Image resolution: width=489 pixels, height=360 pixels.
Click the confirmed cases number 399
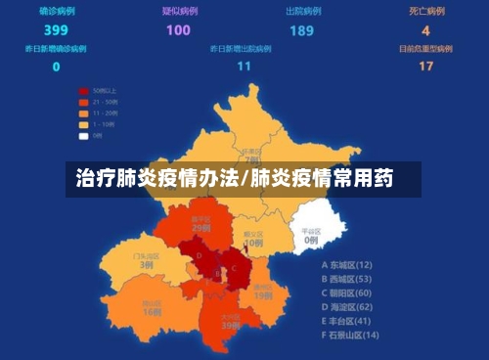[x=56, y=29]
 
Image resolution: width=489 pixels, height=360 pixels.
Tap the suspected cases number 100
[x=178, y=29]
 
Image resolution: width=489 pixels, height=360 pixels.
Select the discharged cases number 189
[x=301, y=29]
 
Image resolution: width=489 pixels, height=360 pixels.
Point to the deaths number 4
[x=425, y=29]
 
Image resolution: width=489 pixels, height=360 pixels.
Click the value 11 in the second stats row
[x=244, y=67]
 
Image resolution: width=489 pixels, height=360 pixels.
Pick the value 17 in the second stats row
[x=425, y=67]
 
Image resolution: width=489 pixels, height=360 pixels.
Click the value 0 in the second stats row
[x=56, y=67]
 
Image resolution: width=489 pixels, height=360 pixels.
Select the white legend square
[x=83, y=135]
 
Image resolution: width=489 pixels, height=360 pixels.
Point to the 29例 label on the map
[x=201, y=227]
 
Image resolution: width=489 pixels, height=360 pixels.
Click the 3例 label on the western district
[x=147, y=264]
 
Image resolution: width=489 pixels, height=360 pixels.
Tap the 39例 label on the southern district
[x=231, y=325]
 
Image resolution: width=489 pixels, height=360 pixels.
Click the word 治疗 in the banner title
[x=93, y=179]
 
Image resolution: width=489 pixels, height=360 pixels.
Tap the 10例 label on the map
[x=253, y=242]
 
